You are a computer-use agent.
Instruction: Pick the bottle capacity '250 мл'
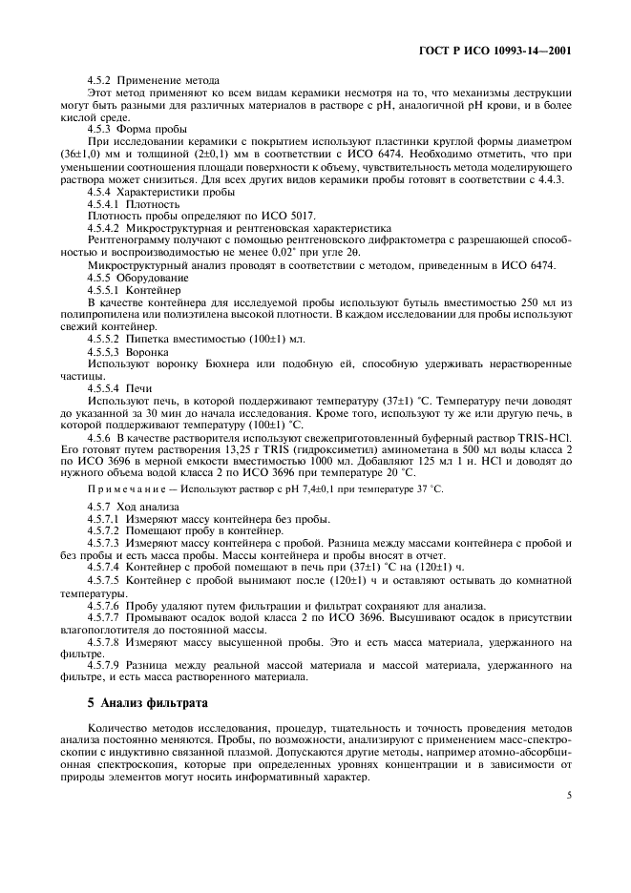point(535,301)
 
